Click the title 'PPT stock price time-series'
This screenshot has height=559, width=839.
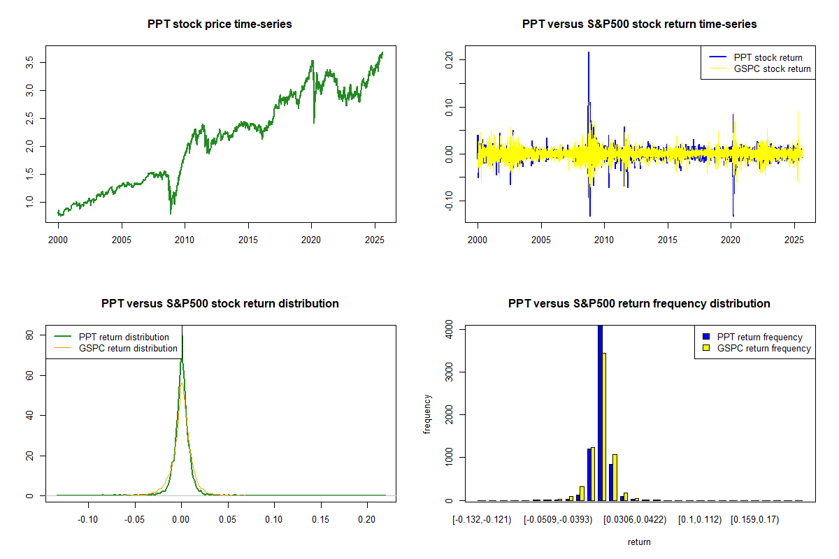(220, 24)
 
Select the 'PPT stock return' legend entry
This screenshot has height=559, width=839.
(768, 57)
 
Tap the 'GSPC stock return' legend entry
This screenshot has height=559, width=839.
(771, 68)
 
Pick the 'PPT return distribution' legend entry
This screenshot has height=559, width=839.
(124, 337)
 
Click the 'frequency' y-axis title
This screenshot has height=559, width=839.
(427, 414)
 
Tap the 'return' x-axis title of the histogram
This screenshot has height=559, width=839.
(639, 542)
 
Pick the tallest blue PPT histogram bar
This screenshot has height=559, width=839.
(599, 412)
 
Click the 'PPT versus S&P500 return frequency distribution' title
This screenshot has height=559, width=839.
(639, 303)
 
